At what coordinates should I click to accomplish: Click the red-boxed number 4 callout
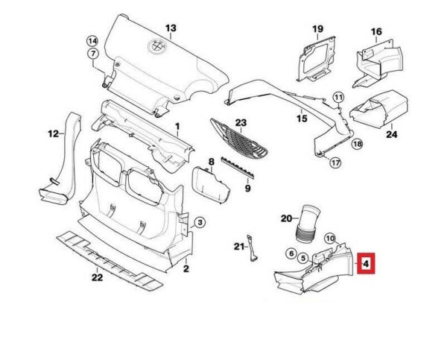click(x=366, y=263)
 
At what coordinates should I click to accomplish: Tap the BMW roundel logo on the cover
click(x=156, y=45)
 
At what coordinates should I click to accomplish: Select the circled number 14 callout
click(x=92, y=41)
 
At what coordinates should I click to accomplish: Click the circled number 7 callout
click(x=93, y=54)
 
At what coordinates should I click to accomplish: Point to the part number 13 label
click(x=171, y=28)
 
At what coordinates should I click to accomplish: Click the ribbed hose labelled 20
click(x=307, y=224)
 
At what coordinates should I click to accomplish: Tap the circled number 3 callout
click(x=200, y=222)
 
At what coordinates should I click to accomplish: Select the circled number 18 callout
click(x=357, y=144)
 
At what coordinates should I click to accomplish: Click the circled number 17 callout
click(x=336, y=162)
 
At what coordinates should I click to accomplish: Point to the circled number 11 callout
click(x=338, y=98)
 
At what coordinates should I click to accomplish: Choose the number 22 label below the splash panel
click(x=97, y=277)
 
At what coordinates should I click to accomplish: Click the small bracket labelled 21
click(x=252, y=247)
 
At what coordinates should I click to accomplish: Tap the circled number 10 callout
click(x=330, y=239)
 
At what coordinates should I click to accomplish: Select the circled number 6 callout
click(x=291, y=253)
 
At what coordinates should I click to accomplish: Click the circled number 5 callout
click(x=303, y=259)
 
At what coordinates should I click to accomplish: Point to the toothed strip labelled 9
click(x=237, y=167)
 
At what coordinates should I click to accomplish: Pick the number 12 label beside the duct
click(x=54, y=133)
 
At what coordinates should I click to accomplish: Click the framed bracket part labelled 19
click(x=316, y=59)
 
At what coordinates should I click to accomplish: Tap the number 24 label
click(x=391, y=134)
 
